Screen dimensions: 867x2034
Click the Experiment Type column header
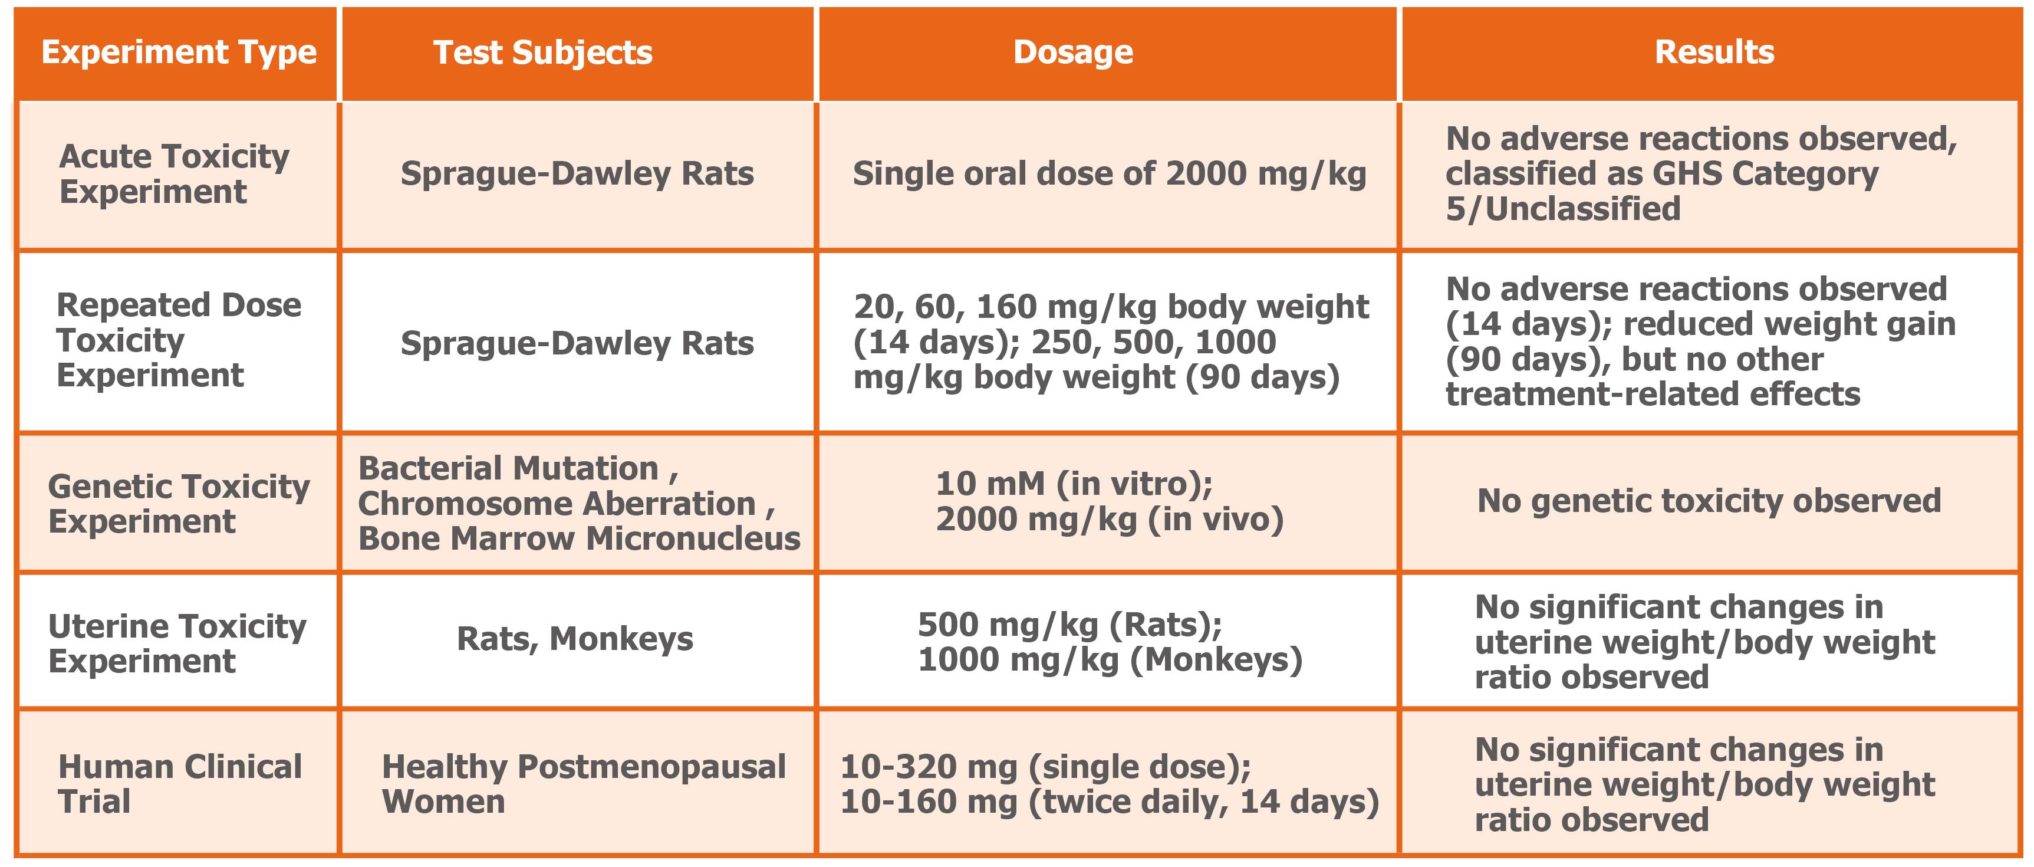(x=179, y=52)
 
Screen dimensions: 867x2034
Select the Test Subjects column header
(x=543, y=52)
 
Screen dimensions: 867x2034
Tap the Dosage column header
(x=1073, y=52)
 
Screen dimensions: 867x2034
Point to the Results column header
(x=1714, y=52)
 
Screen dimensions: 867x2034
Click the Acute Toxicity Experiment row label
(x=174, y=174)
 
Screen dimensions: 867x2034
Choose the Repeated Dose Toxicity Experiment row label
(x=179, y=340)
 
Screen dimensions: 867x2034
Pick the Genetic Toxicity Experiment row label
(x=179, y=503)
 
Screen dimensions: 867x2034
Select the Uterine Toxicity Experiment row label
(x=177, y=643)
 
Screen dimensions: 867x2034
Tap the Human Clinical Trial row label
(x=180, y=783)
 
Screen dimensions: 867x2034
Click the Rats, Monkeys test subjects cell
(x=575, y=639)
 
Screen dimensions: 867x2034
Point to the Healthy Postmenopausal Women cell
(x=584, y=783)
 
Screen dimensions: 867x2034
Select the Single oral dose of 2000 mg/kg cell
(x=1110, y=174)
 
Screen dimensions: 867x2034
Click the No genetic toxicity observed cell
(x=1709, y=501)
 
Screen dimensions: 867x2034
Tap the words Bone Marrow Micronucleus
(x=579, y=538)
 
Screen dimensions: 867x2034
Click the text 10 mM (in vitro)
(x=1074, y=483)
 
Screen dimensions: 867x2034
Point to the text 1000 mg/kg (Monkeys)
(x=1110, y=659)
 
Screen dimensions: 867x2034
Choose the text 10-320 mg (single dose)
(x=1045, y=766)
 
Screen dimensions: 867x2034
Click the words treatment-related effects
(x=1653, y=394)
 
